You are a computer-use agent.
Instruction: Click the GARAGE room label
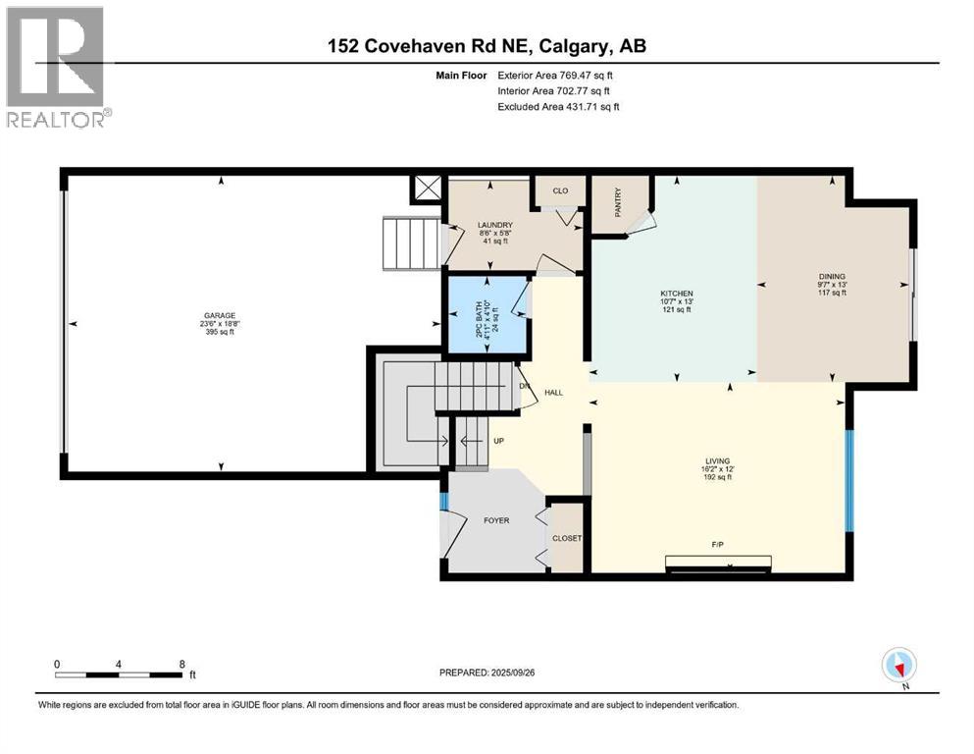[219, 315]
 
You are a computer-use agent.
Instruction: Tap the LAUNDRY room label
[494, 225]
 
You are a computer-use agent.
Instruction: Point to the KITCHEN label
[677, 294]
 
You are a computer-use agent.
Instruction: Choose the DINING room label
[832, 277]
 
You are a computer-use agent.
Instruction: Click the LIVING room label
[719, 459]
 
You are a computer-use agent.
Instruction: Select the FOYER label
[496, 519]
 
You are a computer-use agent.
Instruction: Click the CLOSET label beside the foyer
[567, 538]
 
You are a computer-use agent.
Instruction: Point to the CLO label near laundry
[560, 191]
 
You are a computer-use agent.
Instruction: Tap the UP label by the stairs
[498, 440]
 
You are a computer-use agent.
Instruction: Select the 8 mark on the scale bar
[182, 664]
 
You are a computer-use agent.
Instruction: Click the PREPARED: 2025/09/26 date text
[487, 673]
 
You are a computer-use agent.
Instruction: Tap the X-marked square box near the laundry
[428, 188]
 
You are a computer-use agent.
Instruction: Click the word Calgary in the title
[577, 46]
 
